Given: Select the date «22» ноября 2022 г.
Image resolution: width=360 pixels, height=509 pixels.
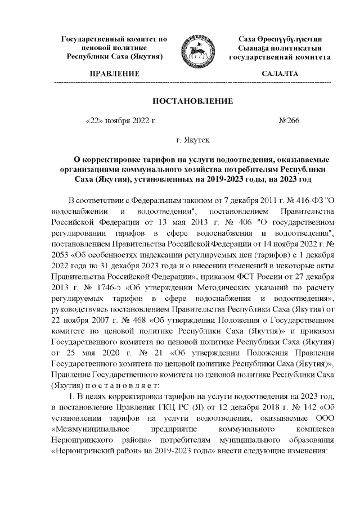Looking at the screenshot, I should (120, 121).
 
